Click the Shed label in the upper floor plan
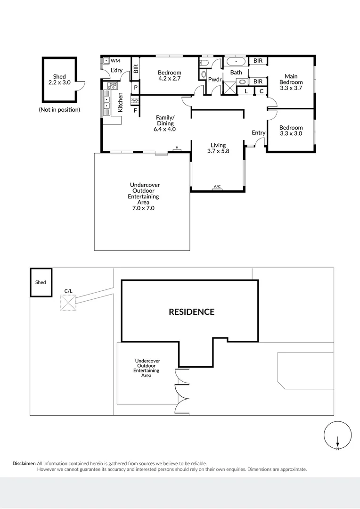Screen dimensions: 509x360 click(x=59, y=76)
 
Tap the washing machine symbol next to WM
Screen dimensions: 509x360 click(x=106, y=61)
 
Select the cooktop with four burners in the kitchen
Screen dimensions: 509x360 click(x=112, y=86)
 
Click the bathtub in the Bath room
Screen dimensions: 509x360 click(x=236, y=61)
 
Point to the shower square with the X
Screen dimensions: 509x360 click(x=229, y=88)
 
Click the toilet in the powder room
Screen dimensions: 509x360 click(x=204, y=74)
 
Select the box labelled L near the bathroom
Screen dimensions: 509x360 click(x=246, y=91)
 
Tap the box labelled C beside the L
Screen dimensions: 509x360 click(x=261, y=91)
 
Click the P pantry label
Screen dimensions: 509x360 click(x=136, y=88)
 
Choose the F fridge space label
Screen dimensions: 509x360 click(x=136, y=111)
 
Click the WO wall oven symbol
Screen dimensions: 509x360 click(x=135, y=100)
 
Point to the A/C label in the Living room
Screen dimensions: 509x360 click(x=217, y=187)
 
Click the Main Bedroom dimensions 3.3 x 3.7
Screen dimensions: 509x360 click(x=291, y=88)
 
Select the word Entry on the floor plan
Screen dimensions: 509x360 click(x=258, y=133)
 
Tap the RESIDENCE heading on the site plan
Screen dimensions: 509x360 click(x=191, y=312)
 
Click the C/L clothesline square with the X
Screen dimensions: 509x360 click(x=68, y=303)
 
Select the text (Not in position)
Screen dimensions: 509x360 click(x=59, y=110)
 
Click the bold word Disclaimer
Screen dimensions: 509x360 click(x=24, y=464)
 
